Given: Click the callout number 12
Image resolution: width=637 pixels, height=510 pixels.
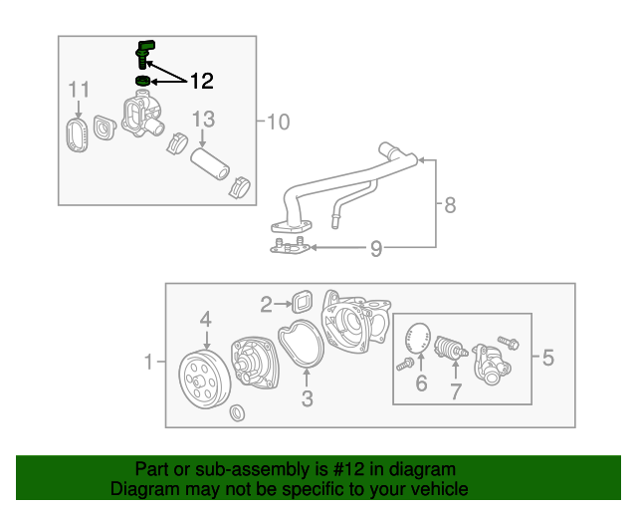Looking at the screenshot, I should [x=201, y=79].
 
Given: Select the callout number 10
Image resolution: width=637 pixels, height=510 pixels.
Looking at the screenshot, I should [x=279, y=122].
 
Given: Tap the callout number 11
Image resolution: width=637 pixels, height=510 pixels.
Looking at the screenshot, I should [x=79, y=93].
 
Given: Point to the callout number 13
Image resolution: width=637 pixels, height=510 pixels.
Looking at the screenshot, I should [x=202, y=120].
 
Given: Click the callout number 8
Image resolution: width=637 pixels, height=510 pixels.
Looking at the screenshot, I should [x=450, y=205].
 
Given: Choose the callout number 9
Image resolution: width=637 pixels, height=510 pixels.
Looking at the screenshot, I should [x=375, y=248].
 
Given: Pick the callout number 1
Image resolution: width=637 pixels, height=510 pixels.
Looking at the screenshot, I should [x=149, y=363].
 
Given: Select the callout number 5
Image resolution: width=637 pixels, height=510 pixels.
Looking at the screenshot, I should [x=547, y=357].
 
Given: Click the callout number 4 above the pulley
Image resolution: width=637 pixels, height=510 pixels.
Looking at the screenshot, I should [x=205, y=320].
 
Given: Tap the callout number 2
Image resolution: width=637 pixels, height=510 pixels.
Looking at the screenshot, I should [x=266, y=304].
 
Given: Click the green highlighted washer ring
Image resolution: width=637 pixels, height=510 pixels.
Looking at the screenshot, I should [x=143, y=81].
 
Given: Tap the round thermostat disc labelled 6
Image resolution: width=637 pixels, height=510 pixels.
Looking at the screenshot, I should [x=421, y=338].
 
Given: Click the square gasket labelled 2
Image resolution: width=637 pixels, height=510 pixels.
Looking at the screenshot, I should [x=302, y=302].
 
